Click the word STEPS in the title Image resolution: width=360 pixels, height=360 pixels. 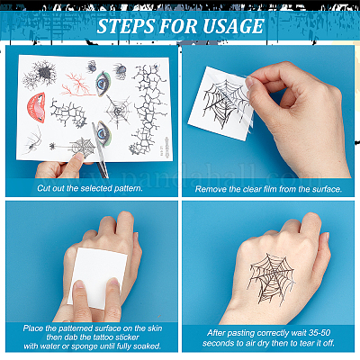(x=126, y=26)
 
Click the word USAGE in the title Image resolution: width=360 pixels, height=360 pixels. (x=233, y=26)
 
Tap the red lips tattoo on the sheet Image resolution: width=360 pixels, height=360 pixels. (x=36, y=107)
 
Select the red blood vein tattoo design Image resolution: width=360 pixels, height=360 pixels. (x=76, y=84)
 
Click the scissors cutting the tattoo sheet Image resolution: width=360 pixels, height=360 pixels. (x=100, y=150)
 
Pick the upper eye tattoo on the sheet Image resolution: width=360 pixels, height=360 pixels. (x=103, y=84)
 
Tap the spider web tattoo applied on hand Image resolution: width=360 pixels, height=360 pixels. (x=272, y=278)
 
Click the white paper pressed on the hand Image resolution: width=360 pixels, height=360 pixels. (x=97, y=277)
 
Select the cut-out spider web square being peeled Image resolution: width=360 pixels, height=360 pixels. (x=221, y=103)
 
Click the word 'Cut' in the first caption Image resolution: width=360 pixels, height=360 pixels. (x=43, y=188)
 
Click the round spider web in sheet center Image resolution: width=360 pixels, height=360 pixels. (x=118, y=111)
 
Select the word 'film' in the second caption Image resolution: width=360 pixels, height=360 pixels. (x=270, y=189)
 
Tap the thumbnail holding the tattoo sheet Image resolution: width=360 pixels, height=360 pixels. (x=79, y=156)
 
